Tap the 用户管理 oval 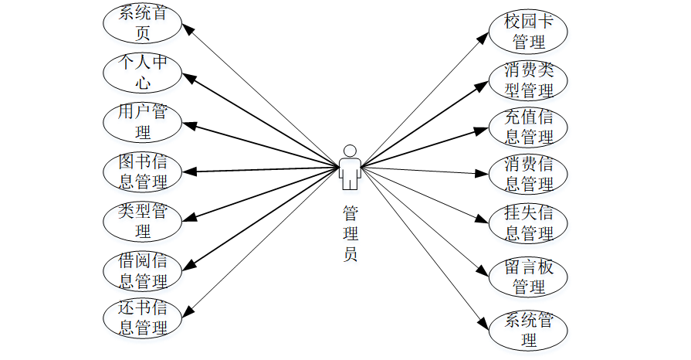pos(143,122)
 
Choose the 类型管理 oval pos(143,220)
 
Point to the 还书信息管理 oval pos(143,317)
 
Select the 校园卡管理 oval pos(529,30)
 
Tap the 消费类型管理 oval pos(529,80)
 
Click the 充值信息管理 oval pos(529,127)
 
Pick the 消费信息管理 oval pos(529,174)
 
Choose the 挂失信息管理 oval pos(529,222)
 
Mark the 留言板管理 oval pos(529,277)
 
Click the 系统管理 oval pos(529,329)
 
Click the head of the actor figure pos(350,150)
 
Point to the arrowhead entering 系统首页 pos(186,27)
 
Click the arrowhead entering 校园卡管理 pos(486,35)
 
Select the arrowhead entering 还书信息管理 pos(186,311)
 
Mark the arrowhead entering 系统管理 pos(485,322)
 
